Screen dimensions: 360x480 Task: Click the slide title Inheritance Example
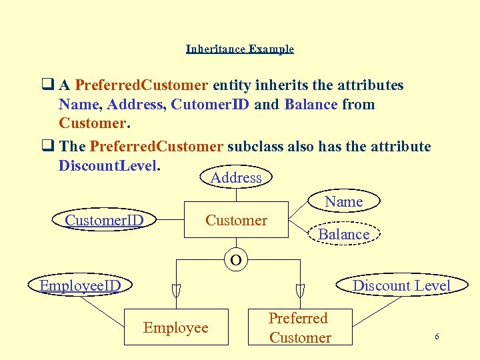[239, 49]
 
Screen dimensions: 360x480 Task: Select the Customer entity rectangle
[236, 220]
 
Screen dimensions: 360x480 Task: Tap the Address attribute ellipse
[236, 177]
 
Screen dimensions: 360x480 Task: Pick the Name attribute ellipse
[344, 201]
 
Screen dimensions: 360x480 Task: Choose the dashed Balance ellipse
[344, 234]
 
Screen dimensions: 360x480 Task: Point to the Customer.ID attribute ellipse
[105, 220]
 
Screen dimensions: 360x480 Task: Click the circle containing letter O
[236, 259]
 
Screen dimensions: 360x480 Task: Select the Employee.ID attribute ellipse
[80, 286]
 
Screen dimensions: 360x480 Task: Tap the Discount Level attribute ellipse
[401, 286]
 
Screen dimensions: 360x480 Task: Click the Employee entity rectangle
[176, 327]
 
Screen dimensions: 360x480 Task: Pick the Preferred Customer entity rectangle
[300, 327]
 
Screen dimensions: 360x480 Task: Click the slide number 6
[437, 337]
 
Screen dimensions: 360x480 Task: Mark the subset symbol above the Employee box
[176, 290]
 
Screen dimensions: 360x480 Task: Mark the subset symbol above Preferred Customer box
[300, 290]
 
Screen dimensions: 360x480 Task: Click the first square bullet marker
[47, 85]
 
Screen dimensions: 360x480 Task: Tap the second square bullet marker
[47, 146]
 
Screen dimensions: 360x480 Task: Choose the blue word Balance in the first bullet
[311, 105]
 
